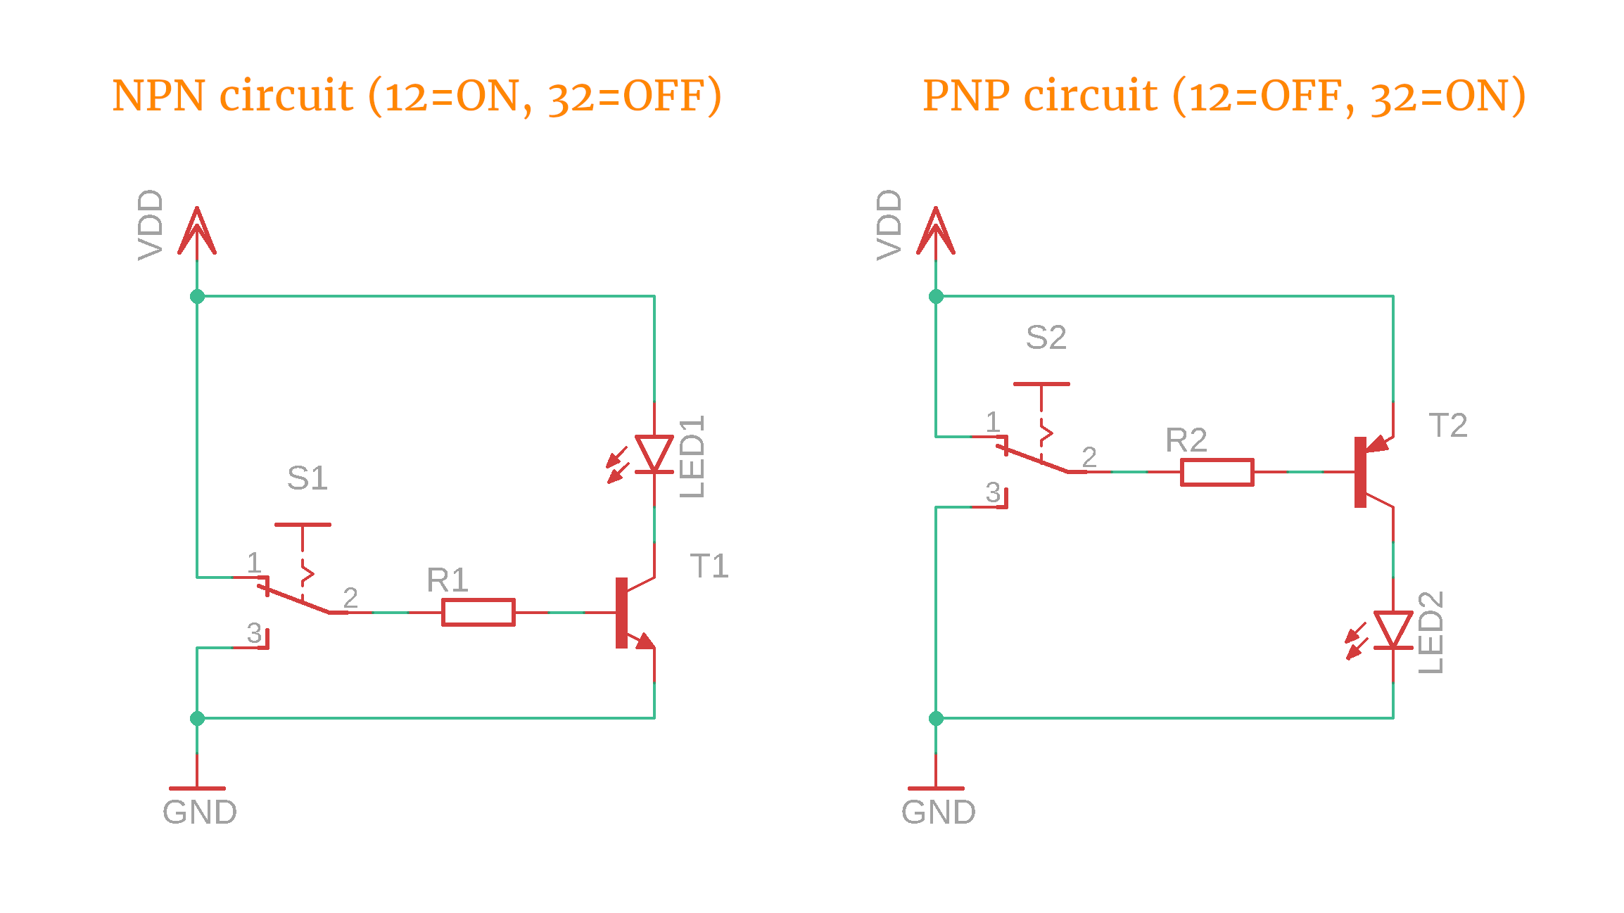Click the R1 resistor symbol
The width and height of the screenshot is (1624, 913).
click(x=478, y=612)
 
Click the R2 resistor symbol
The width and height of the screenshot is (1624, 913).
click(x=1217, y=472)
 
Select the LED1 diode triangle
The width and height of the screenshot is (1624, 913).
click(x=654, y=453)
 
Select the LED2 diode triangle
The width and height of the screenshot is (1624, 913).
click(x=1393, y=629)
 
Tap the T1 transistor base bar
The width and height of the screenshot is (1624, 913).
click(x=621, y=613)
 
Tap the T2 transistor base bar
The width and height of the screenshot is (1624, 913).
click(x=1360, y=472)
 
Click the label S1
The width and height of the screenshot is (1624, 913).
click(x=307, y=478)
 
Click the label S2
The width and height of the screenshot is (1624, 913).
click(x=1046, y=338)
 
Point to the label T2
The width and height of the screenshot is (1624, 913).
click(x=1448, y=426)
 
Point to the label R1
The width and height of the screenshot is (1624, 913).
click(x=448, y=580)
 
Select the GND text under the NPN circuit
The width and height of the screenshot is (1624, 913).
click(x=200, y=812)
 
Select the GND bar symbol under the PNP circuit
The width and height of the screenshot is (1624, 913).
click(x=936, y=788)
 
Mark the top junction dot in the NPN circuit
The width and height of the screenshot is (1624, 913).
click(x=197, y=296)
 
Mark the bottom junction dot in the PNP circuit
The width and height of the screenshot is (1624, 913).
click(x=936, y=718)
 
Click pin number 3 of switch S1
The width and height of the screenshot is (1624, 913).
click(x=254, y=633)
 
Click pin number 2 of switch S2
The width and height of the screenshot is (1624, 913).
click(x=1089, y=457)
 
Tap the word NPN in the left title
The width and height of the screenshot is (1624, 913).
click(x=158, y=96)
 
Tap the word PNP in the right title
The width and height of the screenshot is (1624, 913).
click(x=969, y=96)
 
